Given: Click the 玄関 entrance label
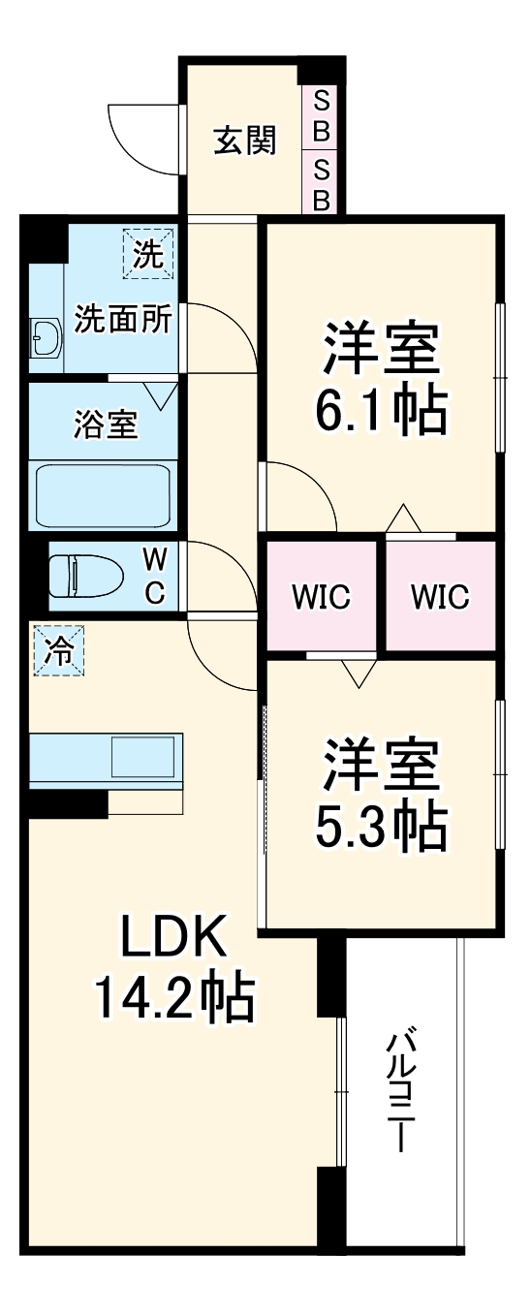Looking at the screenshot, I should pyautogui.click(x=245, y=141).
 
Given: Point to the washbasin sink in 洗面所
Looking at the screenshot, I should pyautogui.click(x=45, y=338).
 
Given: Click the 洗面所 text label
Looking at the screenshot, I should pyautogui.click(x=123, y=321).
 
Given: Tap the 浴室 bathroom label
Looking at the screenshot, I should pyautogui.click(x=105, y=424).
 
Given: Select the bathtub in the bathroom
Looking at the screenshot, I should pyautogui.click(x=104, y=495).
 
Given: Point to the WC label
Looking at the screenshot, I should pyautogui.click(x=155, y=576).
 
